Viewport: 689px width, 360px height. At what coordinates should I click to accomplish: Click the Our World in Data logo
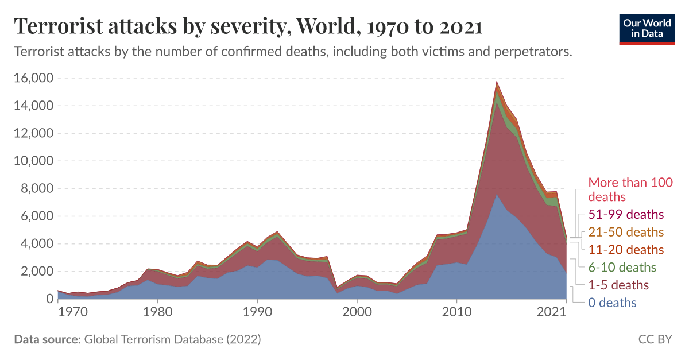[x=647, y=27]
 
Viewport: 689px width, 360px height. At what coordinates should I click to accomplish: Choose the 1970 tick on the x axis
[x=58, y=313]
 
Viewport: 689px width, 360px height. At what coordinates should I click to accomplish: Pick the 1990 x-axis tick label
[x=257, y=313]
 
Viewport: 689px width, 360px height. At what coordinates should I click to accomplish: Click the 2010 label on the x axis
[x=456, y=313]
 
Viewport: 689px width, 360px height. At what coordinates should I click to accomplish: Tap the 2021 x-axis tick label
[x=552, y=313]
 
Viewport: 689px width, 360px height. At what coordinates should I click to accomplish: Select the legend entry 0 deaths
[x=612, y=303]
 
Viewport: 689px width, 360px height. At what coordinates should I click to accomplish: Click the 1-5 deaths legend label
[x=618, y=285]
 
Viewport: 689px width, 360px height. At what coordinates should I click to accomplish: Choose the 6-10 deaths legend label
[x=622, y=268]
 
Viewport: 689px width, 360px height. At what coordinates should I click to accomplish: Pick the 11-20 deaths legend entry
[x=625, y=250]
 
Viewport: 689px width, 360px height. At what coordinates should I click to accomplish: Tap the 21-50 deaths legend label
[x=625, y=233]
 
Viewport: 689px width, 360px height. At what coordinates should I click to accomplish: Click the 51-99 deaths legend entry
[x=625, y=215]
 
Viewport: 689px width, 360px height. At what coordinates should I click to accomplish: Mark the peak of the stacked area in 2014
[x=497, y=82]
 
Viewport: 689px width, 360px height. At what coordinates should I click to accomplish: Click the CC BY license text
[x=655, y=339]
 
